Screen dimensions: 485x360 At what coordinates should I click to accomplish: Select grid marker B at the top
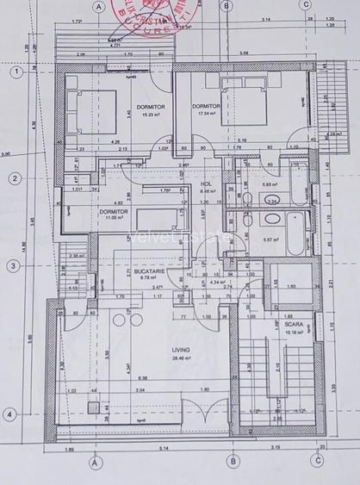[x=226, y=6]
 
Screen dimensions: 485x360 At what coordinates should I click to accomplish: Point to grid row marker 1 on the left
[x=15, y=72]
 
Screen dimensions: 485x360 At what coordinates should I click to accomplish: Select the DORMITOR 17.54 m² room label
[x=208, y=109]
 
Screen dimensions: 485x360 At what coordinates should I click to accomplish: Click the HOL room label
[x=206, y=184]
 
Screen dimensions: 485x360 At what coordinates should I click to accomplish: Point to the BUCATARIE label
[x=126, y=273]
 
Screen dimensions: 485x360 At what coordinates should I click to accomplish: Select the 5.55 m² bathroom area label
[x=270, y=184]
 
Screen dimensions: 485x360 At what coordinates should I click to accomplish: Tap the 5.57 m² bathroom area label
[x=270, y=239]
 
